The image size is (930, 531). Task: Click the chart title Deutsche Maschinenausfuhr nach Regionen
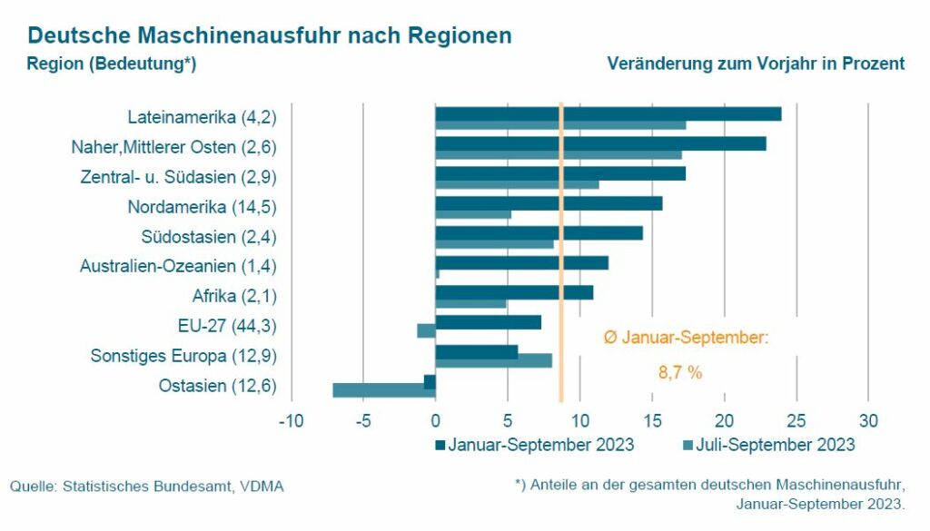tap(269, 35)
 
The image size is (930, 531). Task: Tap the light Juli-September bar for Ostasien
tap(383, 390)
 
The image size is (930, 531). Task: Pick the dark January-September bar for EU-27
tap(488, 321)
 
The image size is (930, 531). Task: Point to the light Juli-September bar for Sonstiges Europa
tap(493, 360)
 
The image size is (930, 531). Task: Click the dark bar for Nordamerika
tap(549, 202)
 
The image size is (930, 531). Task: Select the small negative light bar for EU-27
tap(426, 330)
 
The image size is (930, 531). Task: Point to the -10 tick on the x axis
tap(291, 421)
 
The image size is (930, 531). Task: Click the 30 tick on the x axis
tap(869, 421)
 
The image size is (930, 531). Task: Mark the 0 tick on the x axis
tap(436, 421)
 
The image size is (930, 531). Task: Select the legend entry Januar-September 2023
tap(534, 445)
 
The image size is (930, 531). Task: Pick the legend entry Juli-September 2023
tap(767, 445)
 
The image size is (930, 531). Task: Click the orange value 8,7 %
tap(680, 372)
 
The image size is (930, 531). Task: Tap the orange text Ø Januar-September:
tap(687, 338)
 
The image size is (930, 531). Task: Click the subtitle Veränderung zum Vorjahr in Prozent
tap(756, 64)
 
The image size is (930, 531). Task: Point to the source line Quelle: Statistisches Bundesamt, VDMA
tap(147, 487)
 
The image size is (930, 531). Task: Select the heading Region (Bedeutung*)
tap(112, 64)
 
